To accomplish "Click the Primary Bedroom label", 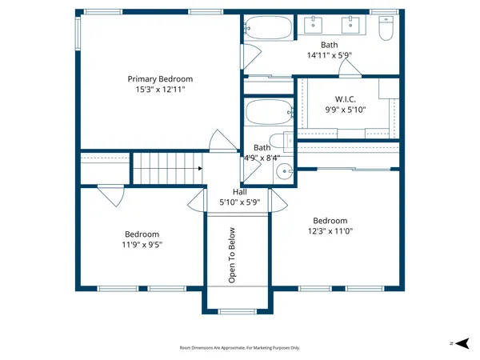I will (x=161, y=79).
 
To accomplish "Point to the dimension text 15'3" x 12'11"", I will (x=161, y=90).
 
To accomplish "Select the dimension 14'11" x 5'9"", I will (x=330, y=56).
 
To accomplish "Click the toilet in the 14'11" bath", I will (x=386, y=30).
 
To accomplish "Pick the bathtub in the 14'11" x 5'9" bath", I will (x=270, y=29).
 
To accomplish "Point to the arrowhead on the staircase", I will (x=199, y=169).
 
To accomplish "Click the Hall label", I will (x=240, y=192).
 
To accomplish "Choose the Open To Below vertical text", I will (x=233, y=255).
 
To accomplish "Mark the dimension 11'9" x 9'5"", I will (x=141, y=246).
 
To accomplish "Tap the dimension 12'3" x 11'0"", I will (x=330, y=232).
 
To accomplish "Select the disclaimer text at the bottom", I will (x=240, y=348).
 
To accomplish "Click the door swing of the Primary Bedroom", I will (x=220, y=142).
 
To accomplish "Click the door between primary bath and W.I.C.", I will (x=350, y=70).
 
